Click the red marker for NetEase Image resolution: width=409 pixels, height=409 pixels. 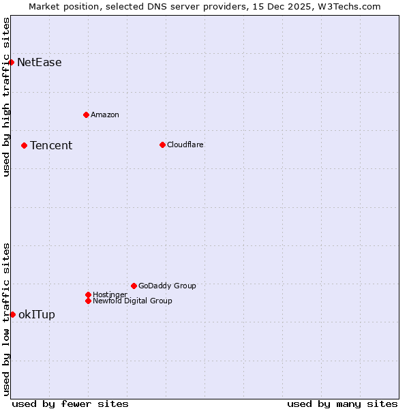(12, 63)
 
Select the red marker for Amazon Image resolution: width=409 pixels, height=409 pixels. (86, 115)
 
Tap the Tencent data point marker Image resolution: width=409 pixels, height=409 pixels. (24, 145)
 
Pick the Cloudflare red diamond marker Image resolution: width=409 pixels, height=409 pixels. (162, 145)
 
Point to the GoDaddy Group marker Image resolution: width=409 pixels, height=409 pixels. (134, 286)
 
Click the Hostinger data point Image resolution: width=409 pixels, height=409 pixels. (88, 294)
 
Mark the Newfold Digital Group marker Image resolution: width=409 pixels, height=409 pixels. (88, 301)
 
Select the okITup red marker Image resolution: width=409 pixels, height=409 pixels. (12, 314)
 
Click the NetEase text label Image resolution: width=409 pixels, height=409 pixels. (40, 63)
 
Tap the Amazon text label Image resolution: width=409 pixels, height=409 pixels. (105, 115)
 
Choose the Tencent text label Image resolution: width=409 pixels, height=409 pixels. (51, 145)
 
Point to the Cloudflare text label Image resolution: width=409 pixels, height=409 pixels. (185, 145)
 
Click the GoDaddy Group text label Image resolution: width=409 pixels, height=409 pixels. (167, 286)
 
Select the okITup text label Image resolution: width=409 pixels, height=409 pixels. (37, 314)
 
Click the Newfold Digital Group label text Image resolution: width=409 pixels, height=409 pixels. (133, 301)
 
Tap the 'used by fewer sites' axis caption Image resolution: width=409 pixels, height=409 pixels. (70, 404)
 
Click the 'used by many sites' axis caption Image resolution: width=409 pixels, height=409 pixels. (342, 404)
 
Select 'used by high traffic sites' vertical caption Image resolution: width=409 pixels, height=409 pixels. (6, 97)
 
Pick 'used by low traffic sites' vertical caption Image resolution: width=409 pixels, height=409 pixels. (6, 318)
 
